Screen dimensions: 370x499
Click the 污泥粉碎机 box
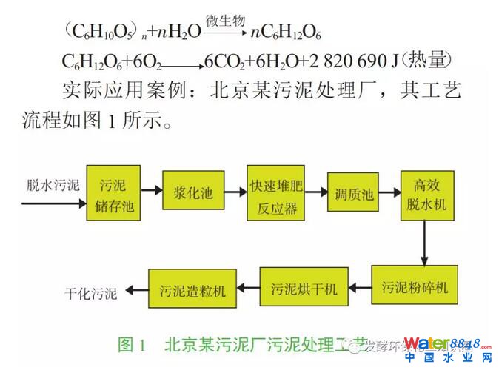point(413,285)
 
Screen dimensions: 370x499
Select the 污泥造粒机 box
point(194,290)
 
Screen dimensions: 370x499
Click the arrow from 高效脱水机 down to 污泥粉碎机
point(424,240)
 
